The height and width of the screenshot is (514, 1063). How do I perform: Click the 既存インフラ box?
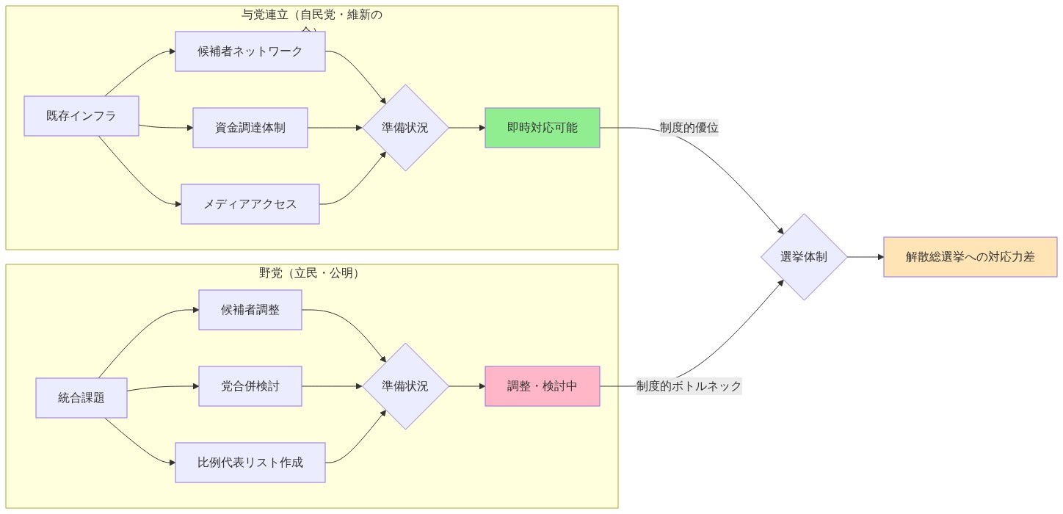(x=81, y=116)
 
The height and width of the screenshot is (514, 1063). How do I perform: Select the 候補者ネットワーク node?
(x=250, y=51)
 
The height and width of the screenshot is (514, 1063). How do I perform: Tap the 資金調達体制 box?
(x=250, y=128)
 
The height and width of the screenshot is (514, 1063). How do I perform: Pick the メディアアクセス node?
(x=250, y=204)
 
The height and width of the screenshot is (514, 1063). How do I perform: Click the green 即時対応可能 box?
(x=543, y=128)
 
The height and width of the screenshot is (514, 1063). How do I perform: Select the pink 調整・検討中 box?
(x=543, y=386)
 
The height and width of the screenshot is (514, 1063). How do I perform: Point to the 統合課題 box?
(x=81, y=398)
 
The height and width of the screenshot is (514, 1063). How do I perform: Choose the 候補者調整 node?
(x=250, y=310)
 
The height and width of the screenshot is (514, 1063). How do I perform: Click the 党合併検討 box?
(x=250, y=386)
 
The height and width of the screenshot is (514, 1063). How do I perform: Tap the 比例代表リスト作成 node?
(x=250, y=463)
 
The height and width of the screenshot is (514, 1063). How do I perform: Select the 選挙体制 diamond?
(x=805, y=257)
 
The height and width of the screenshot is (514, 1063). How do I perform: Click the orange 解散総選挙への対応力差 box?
(x=970, y=257)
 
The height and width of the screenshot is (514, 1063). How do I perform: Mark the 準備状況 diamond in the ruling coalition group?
(x=405, y=128)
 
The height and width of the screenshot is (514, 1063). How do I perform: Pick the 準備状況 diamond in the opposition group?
(x=405, y=386)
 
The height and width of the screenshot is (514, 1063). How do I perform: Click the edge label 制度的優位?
(x=689, y=128)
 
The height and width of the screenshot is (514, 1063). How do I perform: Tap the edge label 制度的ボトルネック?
(x=689, y=386)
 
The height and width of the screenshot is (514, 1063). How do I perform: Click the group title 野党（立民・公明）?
(x=311, y=273)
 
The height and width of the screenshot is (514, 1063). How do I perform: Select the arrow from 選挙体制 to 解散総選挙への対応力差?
(x=866, y=257)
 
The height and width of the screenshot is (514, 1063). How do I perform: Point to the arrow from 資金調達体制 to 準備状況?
(x=335, y=128)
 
